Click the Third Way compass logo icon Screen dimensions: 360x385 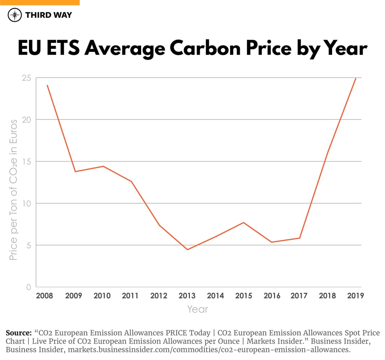[x=15, y=15]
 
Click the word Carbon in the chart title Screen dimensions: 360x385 [x=203, y=49]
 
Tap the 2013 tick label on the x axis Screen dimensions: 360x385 [x=187, y=296]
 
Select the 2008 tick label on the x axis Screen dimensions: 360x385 [x=45, y=296]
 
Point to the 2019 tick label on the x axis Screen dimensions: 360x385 [x=355, y=296]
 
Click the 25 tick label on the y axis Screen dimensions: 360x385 [x=27, y=78]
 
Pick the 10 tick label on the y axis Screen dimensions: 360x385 [x=27, y=203]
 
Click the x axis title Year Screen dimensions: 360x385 [x=198, y=309]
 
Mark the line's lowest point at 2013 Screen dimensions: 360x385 [x=187, y=250]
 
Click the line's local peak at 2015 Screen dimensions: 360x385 [x=243, y=222]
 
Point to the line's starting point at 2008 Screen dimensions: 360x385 [x=47, y=85]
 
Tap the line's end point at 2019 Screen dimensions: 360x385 [x=356, y=78]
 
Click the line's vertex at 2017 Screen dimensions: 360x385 [x=300, y=238]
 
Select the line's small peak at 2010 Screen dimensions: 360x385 [x=103, y=166]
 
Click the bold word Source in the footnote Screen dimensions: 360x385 [x=18, y=333]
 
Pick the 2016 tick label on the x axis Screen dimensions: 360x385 [x=272, y=296]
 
